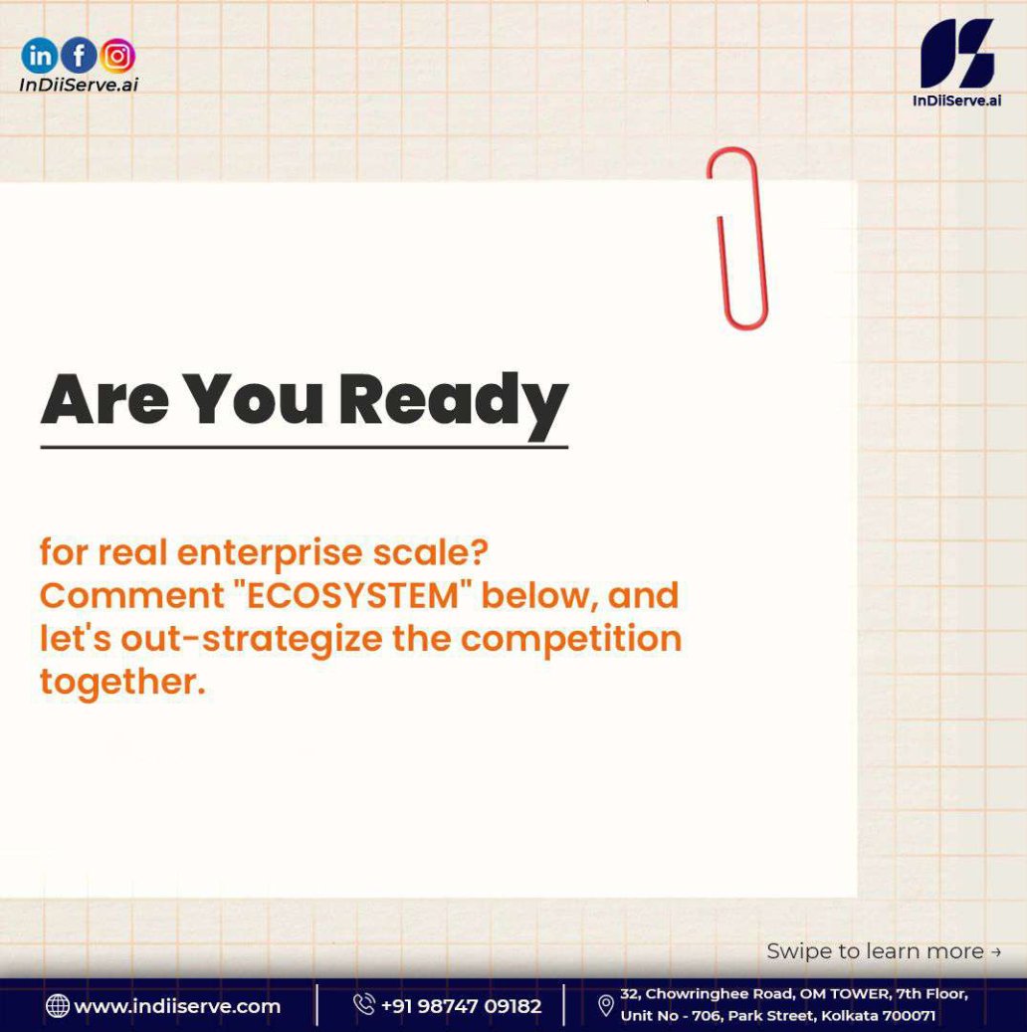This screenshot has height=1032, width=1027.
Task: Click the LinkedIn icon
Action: coord(40,56)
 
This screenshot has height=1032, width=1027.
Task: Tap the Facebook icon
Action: coord(79,56)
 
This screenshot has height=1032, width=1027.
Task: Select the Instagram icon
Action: coord(117,56)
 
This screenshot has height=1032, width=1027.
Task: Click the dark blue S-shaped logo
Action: coord(957,54)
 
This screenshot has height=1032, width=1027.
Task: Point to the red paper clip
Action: coord(738,238)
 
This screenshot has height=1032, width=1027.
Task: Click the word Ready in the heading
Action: coord(453,403)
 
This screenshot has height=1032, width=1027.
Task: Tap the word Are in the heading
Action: coord(105,399)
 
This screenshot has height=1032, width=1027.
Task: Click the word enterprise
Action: coord(270,553)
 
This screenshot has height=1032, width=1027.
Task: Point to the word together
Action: coord(123,682)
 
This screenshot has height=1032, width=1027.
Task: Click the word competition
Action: coord(571,639)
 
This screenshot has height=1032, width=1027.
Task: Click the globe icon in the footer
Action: coord(58,1006)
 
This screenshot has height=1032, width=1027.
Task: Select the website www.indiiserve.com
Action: coord(177,1006)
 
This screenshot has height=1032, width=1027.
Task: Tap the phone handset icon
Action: coord(363,1004)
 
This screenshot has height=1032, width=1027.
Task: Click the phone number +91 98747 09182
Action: coord(461,1006)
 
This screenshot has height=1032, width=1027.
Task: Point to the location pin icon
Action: coord(606,1006)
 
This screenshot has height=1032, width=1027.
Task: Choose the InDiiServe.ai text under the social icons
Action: coord(79,85)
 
